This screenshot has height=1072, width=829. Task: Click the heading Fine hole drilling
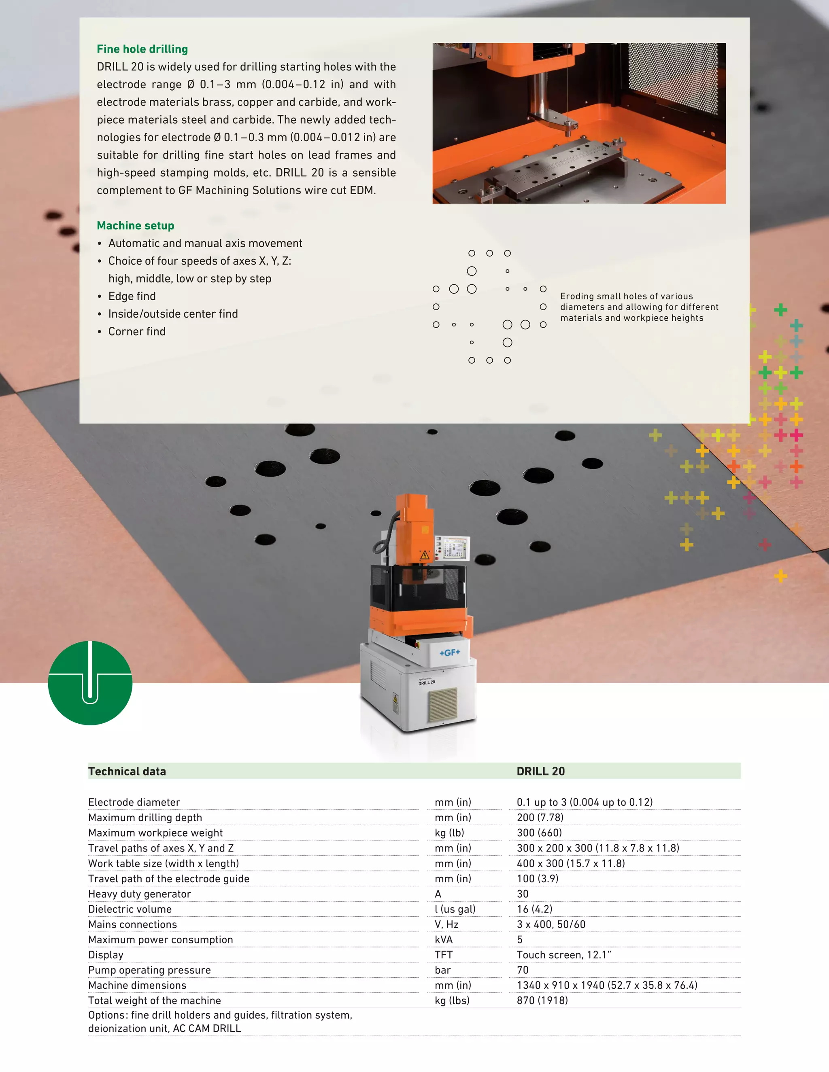click(142, 49)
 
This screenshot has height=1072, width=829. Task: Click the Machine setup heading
click(136, 226)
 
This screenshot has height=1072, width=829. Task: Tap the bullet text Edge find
click(132, 297)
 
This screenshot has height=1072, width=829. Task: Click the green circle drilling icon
click(90, 683)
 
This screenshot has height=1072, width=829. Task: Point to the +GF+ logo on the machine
click(449, 653)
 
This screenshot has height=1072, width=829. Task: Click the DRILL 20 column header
click(540, 771)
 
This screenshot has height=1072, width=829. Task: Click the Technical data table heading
click(127, 771)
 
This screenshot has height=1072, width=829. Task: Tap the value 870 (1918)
click(542, 1000)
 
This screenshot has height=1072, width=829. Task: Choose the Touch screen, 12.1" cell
click(563, 955)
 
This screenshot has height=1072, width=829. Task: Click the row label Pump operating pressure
click(149, 970)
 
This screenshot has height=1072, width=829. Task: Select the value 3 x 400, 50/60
click(551, 924)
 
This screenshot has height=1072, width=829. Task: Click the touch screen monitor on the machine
click(455, 548)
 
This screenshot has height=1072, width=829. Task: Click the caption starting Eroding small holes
click(638, 307)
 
